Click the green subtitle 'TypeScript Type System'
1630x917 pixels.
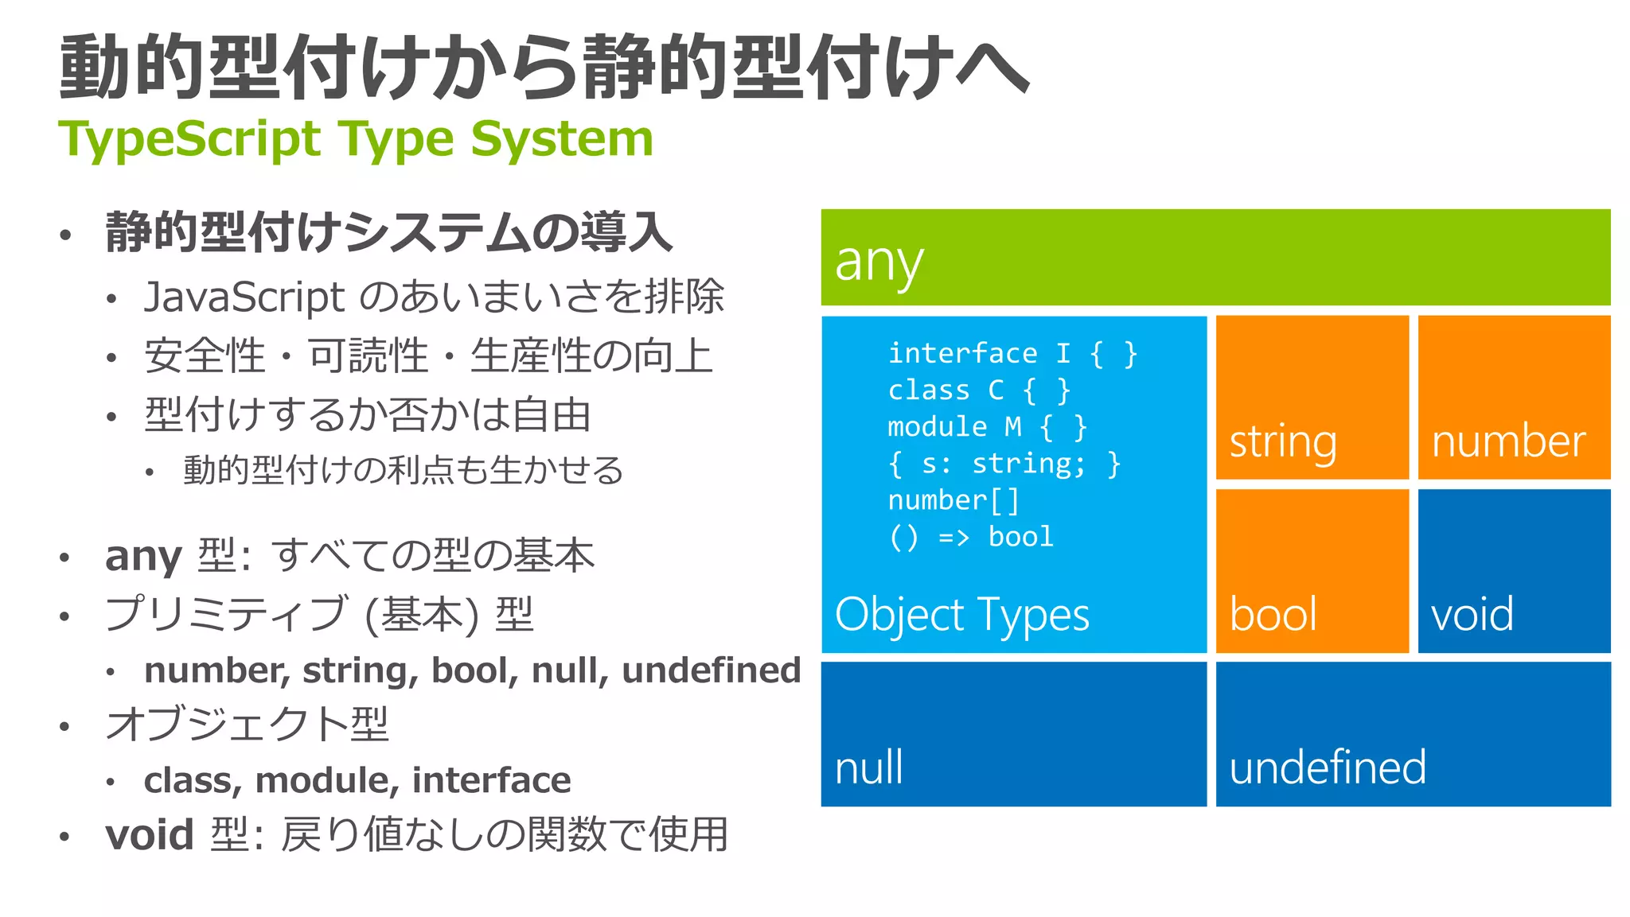[x=356, y=139]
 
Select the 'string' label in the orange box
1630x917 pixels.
[x=1282, y=441]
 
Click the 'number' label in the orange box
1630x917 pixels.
[x=1508, y=441]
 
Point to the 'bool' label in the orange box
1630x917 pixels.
[x=1273, y=615]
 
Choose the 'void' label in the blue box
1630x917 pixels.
[x=1472, y=615]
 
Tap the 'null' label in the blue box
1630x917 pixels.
[x=868, y=767]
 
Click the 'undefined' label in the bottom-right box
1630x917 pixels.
[x=1327, y=767]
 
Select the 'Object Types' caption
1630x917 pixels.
[x=961, y=615]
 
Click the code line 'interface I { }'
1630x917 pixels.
[x=1012, y=353]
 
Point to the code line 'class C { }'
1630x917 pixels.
[x=979, y=390]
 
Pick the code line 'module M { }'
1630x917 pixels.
[x=987, y=427]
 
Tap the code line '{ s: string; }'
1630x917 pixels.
[x=1004, y=464]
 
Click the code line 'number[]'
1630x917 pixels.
[x=953, y=500]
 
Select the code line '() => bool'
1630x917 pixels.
[x=971, y=537]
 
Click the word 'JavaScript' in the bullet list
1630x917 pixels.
[x=244, y=297]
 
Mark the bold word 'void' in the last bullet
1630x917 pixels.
[x=149, y=835]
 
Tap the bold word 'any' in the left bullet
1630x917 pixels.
[x=143, y=556]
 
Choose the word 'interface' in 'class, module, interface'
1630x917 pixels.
[x=491, y=780]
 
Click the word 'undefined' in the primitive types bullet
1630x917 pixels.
[x=711, y=670]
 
